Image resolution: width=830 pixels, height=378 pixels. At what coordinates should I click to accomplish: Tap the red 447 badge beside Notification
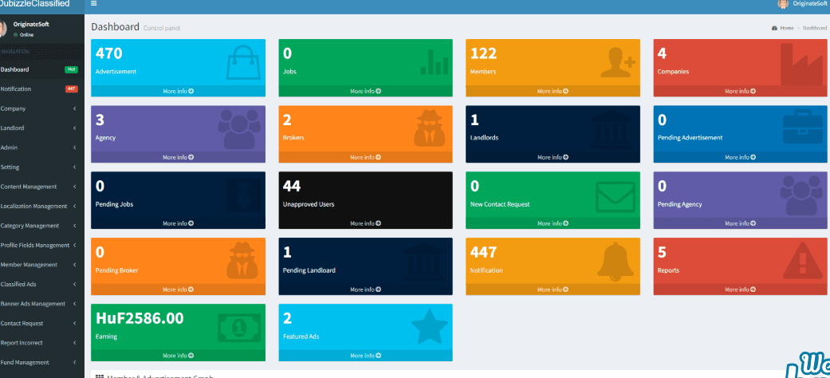click(71, 89)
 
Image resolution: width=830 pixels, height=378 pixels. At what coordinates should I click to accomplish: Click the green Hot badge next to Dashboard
click(71, 69)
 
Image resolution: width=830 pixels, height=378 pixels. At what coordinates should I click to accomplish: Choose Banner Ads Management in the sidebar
click(33, 304)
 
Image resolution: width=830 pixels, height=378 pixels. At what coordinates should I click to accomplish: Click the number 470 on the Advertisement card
click(108, 53)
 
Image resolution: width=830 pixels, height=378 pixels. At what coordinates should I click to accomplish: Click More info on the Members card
click(553, 91)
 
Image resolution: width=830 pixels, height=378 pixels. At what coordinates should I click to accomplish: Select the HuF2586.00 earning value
click(140, 318)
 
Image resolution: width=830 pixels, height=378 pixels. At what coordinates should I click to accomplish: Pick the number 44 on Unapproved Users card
click(292, 186)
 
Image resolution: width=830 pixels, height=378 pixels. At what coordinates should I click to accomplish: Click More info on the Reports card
click(740, 289)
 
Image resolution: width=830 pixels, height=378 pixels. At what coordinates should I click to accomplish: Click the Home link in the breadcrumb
click(786, 28)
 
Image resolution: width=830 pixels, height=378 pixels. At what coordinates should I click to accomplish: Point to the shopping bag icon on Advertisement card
click(242, 63)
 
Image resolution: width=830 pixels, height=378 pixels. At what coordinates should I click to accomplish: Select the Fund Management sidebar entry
click(25, 362)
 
